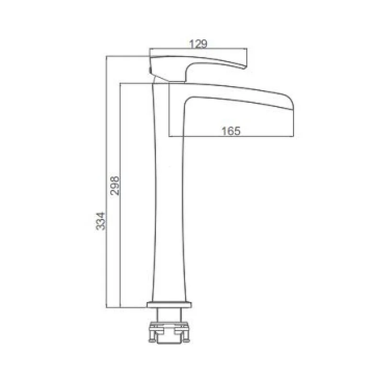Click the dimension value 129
click(x=198, y=44)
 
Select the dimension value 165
click(x=231, y=131)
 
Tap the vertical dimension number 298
click(x=114, y=186)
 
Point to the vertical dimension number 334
click(x=101, y=221)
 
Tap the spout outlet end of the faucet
click(x=293, y=102)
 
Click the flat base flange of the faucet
click(x=169, y=304)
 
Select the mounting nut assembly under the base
click(x=169, y=333)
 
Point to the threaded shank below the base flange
click(x=169, y=315)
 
